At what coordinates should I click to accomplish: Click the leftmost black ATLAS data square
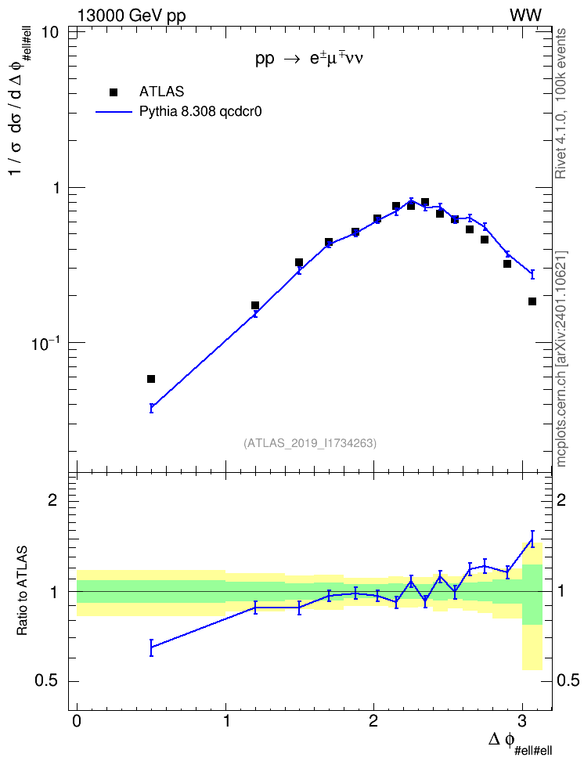151,379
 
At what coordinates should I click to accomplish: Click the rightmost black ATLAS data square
532,301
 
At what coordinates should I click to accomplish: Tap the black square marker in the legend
114,92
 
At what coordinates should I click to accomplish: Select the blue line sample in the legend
114,112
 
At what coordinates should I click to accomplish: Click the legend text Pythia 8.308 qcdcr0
200,112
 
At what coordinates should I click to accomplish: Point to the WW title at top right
525,16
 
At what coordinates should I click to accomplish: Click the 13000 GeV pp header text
132,16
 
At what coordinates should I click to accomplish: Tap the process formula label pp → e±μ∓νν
309,59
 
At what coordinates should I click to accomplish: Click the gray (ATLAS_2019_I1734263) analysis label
310,442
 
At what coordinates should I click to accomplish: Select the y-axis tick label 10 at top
50,33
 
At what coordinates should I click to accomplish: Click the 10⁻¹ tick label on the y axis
45,344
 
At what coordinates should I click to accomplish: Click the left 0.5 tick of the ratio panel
47,681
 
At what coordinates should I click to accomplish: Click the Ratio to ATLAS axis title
22,591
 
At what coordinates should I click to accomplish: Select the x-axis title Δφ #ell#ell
520,743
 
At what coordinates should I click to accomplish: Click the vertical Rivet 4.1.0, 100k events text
561,103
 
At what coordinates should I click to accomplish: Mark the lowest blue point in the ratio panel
151,647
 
